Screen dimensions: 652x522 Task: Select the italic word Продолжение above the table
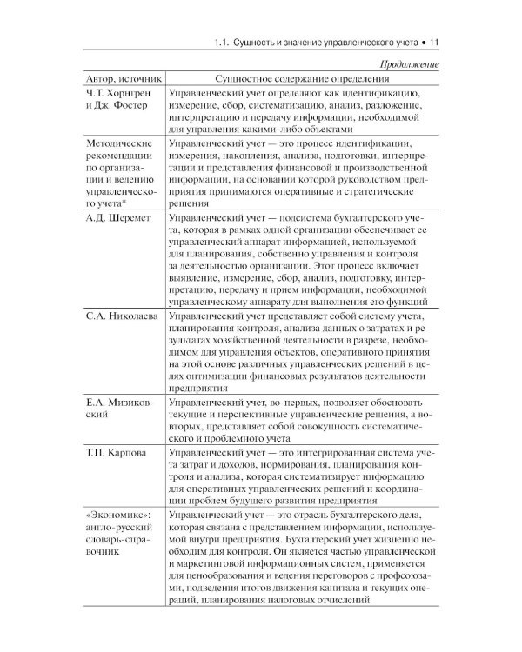[406, 63]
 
